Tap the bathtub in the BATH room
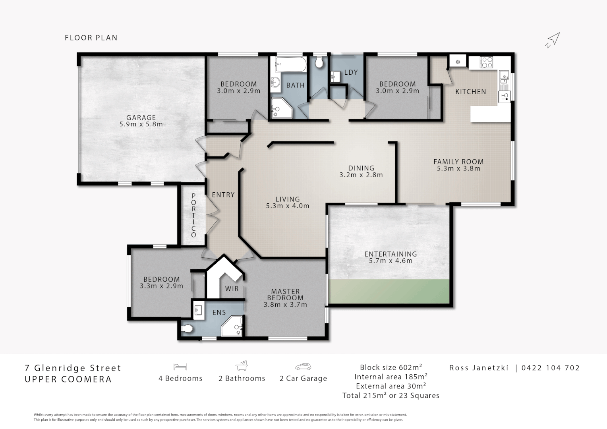tap(290, 64)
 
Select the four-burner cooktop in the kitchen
tap(486, 62)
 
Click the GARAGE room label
tap(141, 118)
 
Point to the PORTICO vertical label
tap(193, 215)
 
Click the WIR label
tap(232, 289)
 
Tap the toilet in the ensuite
tap(187, 329)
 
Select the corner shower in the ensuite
tap(232, 326)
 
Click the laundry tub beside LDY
tap(335, 76)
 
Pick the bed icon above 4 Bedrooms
tap(180, 367)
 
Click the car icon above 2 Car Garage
tap(303, 367)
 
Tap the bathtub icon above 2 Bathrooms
tap(242, 365)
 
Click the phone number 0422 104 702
tap(550, 368)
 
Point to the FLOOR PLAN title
tap(91, 38)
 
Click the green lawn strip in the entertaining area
tap(389, 291)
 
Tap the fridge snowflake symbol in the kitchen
tap(458, 62)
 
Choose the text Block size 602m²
tap(391, 367)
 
